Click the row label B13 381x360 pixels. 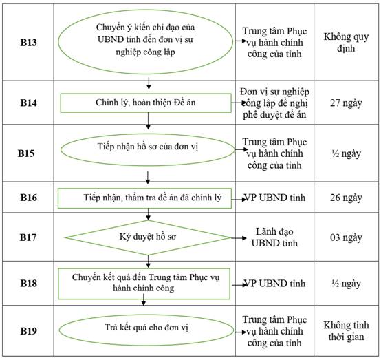coord(28,43)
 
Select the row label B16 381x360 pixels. coord(28,198)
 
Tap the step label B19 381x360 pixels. coord(28,331)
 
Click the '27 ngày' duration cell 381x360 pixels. coord(346,103)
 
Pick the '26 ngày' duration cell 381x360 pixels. coord(346,198)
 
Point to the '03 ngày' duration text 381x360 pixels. coord(346,237)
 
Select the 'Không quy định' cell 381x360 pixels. coord(346,43)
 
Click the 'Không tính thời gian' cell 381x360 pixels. coord(346,331)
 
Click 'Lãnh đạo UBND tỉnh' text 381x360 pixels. coord(274,237)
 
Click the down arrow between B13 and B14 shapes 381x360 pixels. coord(149,83)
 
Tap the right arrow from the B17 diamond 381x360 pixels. coord(239,238)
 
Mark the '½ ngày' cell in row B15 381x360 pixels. coord(346,153)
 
